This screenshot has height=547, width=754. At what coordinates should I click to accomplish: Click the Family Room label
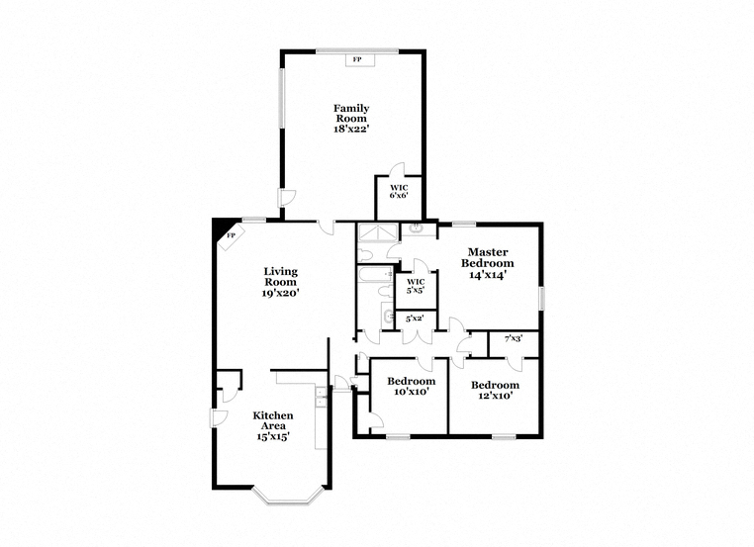pyautogui.click(x=351, y=113)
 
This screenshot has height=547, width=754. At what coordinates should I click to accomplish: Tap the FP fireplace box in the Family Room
pyautogui.click(x=357, y=59)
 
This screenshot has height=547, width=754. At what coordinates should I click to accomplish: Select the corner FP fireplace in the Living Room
pyautogui.click(x=232, y=236)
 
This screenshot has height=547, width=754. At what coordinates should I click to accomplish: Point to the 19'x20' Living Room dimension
pyautogui.click(x=281, y=293)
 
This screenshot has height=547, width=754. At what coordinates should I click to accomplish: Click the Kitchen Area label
pyautogui.click(x=273, y=420)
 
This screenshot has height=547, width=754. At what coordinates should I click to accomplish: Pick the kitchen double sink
pyautogui.click(x=321, y=398)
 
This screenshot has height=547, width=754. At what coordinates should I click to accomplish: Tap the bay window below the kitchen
pyautogui.click(x=288, y=496)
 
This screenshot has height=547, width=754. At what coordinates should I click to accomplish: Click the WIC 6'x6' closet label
pyautogui.click(x=399, y=191)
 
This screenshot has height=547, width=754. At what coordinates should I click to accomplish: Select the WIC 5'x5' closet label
pyautogui.click(x=416, y=286)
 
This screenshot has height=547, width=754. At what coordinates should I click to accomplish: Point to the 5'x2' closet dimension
pyautogui.click(x=415, y=319)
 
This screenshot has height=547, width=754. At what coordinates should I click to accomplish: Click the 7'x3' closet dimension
pyautogui.click(x=514, y=338)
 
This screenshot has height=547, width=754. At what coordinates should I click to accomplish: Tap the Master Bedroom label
pyautogui.click(x=488, y=257)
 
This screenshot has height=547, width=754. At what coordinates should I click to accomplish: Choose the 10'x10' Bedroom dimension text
pyautogui.click(x=412, y=392)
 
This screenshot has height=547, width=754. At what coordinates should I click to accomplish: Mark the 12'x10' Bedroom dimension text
pyautogui.click(x=495, y=396)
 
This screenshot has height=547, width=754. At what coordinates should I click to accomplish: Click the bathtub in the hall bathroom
pyautogui.click(x=376, y=274)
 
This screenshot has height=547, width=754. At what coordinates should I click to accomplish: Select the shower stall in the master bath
pyautogui.click(x=377, y=232)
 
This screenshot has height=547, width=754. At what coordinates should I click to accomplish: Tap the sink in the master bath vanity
pyautogui.click(x=416, y=228)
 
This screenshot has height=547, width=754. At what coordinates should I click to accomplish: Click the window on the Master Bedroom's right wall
pyautogui.click(x=541, y=298)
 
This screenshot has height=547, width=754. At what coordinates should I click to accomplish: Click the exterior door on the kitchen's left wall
pyautogui.click(x=218, y=418)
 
